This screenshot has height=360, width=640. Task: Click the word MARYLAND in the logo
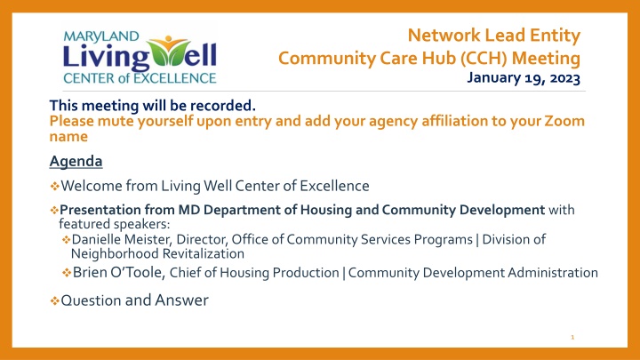click(x=101, y=36)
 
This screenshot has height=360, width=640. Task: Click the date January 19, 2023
click(x=524, y=77)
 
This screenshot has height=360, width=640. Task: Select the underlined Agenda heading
click(x=76, y=161)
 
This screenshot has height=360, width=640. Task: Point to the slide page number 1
click(x=572, y=337)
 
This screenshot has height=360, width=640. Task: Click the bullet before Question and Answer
click(x=54, y=301)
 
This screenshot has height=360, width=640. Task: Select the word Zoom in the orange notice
click(x=564, y=121)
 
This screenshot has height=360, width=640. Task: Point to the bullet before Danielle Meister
click(x=67, y=240)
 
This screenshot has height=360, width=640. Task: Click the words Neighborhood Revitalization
click(x=157, y=254)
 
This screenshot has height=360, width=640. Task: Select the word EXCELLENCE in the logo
click(x=178, y=78)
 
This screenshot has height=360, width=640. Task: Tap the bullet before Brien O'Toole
click(x=67, y=273)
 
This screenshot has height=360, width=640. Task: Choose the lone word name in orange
click(x=68, y=137)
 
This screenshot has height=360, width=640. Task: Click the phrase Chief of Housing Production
click(x=254, y=273)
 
